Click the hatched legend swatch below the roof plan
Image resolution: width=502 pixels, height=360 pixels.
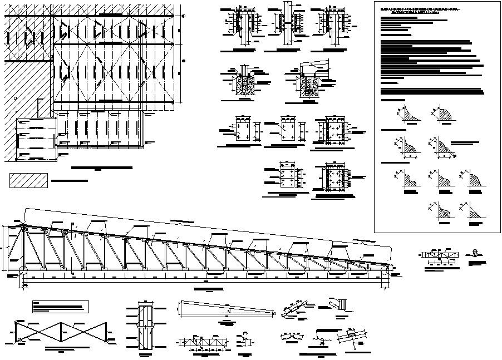29,181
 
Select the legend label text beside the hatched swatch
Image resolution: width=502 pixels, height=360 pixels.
69,181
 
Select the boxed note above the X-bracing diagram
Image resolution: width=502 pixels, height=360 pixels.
61,306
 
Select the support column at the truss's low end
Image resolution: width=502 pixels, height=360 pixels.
385,278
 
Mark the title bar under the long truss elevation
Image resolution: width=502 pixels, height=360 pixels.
208,289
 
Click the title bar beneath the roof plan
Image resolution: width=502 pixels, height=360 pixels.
104,167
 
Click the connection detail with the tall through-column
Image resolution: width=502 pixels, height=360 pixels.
288,23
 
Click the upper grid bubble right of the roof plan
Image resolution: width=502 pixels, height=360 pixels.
184,17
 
